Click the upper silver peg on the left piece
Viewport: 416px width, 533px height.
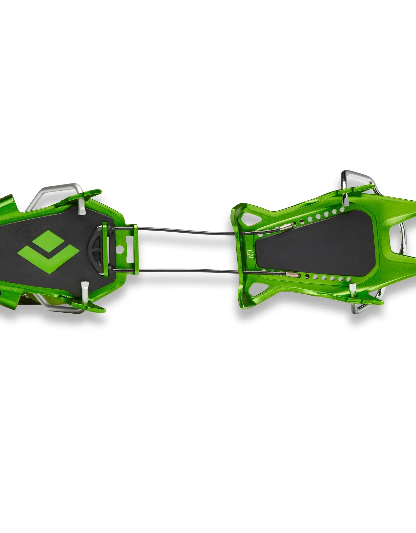[82, 202]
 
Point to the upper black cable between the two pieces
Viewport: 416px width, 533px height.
[187, 231]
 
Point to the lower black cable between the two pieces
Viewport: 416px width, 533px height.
[187, 270]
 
